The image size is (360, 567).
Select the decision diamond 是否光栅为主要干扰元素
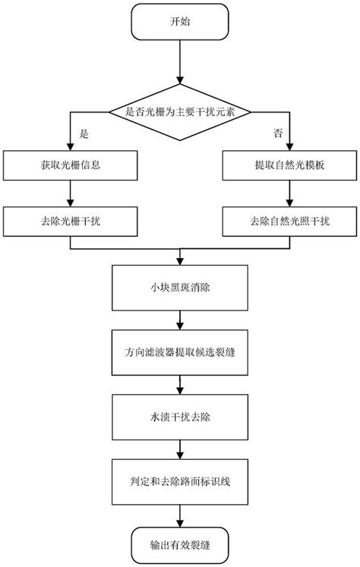coord(179,112)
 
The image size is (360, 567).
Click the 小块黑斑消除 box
coord(179,287)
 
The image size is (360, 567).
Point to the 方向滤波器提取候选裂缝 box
coord(179,352)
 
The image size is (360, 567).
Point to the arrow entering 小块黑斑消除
coord(179,257)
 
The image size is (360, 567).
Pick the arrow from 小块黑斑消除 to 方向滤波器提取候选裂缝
coord(179,320)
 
